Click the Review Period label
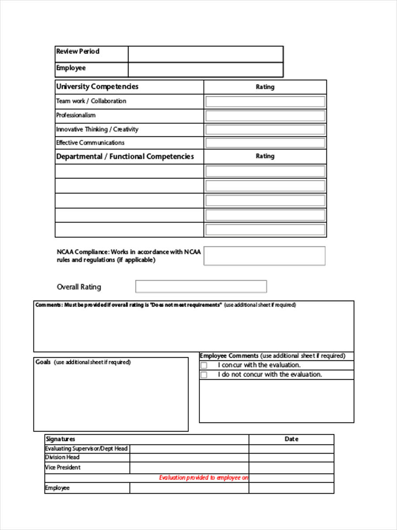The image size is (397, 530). [x=78, y=51]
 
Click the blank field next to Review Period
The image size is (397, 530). [x=206, y=54]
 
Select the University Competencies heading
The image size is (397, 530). [x=97, y=87]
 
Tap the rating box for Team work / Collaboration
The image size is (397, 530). [x=265, y=102]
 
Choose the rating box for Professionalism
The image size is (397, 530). [x=265, y=116]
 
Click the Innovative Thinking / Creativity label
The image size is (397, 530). [x=97, y=129]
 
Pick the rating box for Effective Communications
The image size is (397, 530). [x=265, y=143]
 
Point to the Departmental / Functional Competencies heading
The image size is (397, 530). [x=125, y=156]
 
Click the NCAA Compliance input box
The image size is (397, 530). [x=264, y=256]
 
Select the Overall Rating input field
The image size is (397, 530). [x=201, y=287]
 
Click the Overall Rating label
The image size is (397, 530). [x=79, y=287]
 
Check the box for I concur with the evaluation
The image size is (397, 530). [x=204, y=366]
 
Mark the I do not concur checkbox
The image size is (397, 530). [x=204, y=375]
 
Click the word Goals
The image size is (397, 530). [x=43, y=362]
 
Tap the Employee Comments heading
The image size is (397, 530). [x=229, y=356]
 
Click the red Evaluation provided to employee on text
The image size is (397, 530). [x=203, y=478]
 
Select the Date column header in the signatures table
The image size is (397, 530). [x=291, y=439]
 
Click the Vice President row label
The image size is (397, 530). [x=63, y=467]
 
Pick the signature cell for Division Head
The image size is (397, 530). [x=189, y=458]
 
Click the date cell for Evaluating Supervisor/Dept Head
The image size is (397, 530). [x=291, y=449]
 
